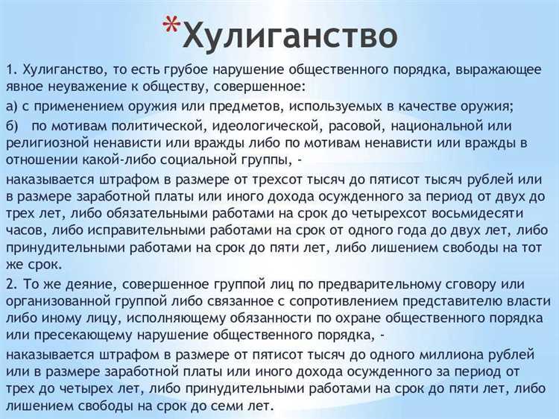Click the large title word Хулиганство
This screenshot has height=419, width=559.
coord(289,34)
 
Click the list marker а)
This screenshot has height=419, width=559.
coord(13,105)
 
